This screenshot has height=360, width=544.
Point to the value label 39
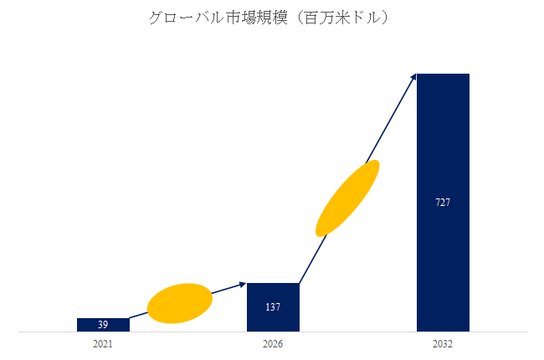pos(103,325)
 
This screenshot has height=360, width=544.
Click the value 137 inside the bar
pos(273,307)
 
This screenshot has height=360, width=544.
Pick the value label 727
pos(443,203)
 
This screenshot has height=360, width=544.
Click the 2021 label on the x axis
pos(103,344)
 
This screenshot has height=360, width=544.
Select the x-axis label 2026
pos(273,344)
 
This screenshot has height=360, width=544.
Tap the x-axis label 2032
pos(443,344)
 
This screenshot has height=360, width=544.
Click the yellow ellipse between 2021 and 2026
pos(180,303)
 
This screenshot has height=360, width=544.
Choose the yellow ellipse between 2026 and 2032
pos(347,198)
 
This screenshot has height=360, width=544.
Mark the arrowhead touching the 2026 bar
pos(243,285)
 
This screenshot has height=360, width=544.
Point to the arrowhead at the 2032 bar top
pos(413,77)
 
